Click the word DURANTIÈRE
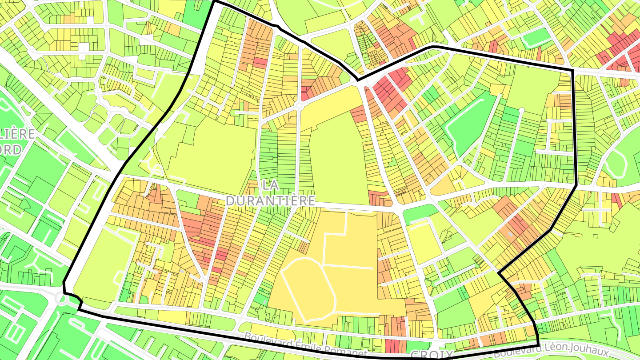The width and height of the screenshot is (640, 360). click(x=271, y=201)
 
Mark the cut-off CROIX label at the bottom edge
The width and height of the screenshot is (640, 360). click(x=429, y=355)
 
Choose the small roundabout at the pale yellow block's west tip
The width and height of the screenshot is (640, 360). click(x=299, y=106)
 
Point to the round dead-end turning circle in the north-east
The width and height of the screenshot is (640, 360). click(x=522, y=110)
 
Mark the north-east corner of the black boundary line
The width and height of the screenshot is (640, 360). click(x=572, y=70)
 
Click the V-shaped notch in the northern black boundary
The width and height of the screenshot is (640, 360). click(x=358, y=80)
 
